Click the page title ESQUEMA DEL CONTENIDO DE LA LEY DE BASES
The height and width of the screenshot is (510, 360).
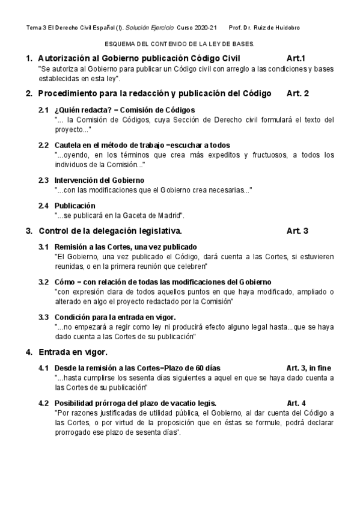click(180, 45)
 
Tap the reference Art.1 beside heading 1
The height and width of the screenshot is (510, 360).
click(296, 58)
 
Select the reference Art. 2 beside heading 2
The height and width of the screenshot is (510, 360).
click(297, 94)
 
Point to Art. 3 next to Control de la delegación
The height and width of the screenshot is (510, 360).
click(297, 231)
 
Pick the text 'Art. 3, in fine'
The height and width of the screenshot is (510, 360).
click(308, 368)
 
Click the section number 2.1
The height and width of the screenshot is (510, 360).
click(43, 110)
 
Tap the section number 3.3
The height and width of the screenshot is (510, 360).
click(43, 317)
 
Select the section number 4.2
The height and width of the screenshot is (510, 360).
click(43, 403)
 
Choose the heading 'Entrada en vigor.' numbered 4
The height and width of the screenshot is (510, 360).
click(73, 351)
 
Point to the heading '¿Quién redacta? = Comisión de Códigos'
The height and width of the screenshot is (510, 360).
click(124, 110)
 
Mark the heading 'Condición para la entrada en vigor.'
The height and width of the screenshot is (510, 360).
click(115, 317)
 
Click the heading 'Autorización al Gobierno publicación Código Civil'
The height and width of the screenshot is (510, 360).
click(139, 58)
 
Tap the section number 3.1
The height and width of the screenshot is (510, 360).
click(43, 247)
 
